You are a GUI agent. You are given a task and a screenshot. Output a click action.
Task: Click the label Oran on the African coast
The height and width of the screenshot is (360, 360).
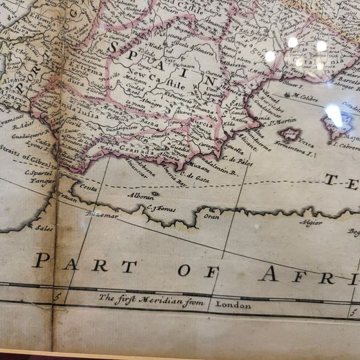pyautogui.click(x=211, y=217)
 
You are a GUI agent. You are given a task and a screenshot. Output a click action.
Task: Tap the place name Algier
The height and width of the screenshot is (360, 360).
pyautogui.click(x=311, y=223)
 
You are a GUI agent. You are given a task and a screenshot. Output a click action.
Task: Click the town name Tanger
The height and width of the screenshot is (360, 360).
pyautogui.click(x=42, y=181)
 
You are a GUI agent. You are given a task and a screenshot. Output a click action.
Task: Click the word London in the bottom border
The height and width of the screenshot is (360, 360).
pyautogui.click(x=233, y=305)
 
